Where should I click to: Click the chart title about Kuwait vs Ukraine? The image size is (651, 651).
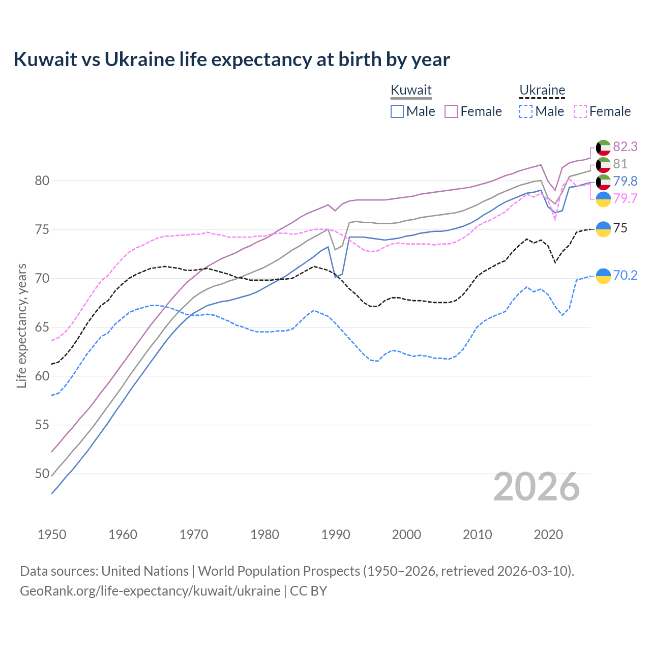pos(231,60)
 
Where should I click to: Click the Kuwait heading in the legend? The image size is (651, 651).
pos(411,90)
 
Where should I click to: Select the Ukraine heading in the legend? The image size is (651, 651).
pos(542,90)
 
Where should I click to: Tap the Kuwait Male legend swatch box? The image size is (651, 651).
pos(397,111)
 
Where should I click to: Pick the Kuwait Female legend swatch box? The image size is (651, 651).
pos(451,111)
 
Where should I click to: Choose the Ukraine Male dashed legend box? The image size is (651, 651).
pos(526,111)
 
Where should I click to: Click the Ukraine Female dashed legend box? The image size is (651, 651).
pos(580,111)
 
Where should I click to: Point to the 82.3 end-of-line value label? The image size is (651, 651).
pos(625,146)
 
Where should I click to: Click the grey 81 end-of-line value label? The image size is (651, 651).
pos(620,164)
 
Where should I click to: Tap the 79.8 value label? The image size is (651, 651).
pos(625,181)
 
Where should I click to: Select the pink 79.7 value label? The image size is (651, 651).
pos(625,198)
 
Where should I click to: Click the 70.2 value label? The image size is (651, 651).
pos(625,275)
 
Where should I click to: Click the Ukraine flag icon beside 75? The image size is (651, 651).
pos(603,229)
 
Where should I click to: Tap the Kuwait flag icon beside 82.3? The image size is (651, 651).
pos(603,147)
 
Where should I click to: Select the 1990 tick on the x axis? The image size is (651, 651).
pos(336,535)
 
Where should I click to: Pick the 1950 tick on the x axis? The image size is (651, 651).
pos(52,535)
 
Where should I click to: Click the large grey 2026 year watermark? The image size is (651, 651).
pos(536,487)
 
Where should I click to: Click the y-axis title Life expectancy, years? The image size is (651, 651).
pos(22,325)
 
